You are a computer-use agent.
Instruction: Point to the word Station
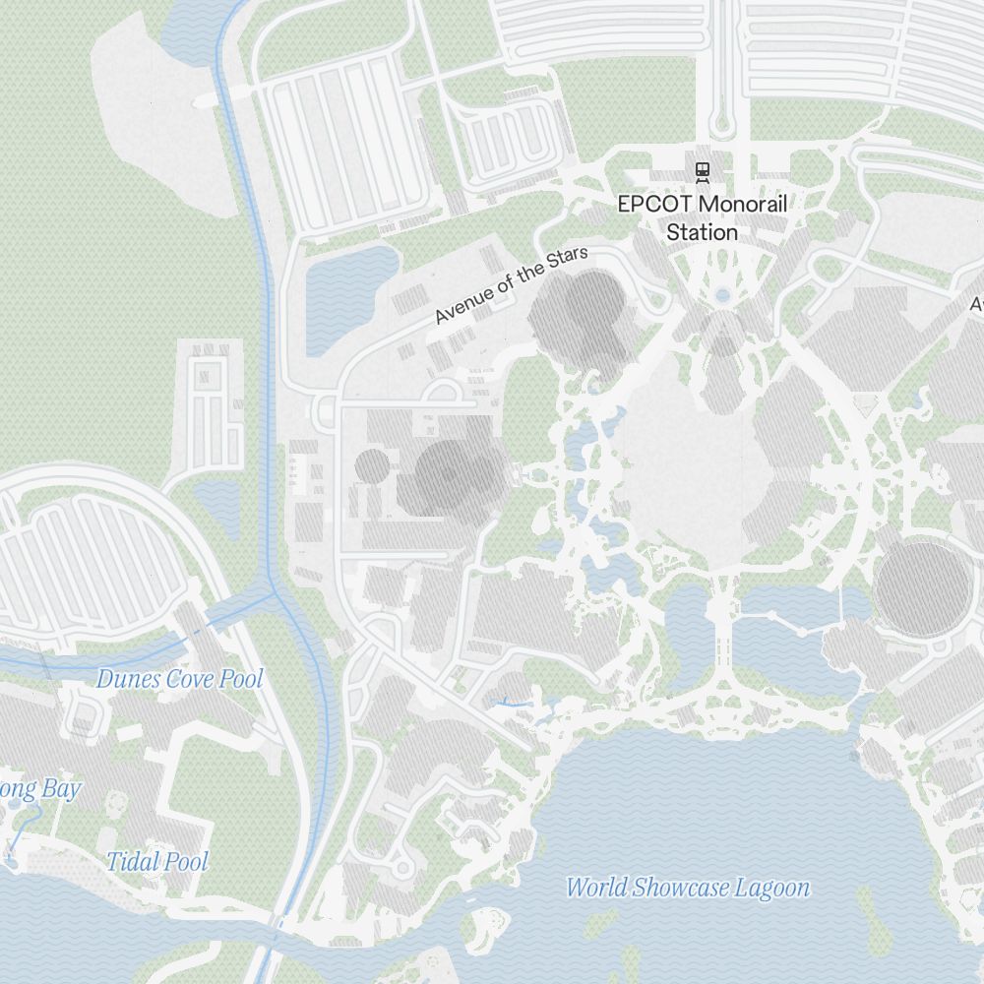pyautogui.click(x=703, y=232)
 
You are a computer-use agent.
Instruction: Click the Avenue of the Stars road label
pyautogui.click(x=511, y=286)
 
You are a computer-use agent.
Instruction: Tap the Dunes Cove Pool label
pyautogui.click(x=180, y=679)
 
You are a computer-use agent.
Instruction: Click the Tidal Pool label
pyautogui.click(x=157, y=862)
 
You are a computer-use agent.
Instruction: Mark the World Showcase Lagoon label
pyautogui.click(x=688, y=888)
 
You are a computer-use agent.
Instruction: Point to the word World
pyautogui.click(x=595, y=888)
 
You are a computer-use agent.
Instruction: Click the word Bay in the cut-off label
pyautogui.click(x=61, y=789)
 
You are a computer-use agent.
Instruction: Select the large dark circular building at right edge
pyautogui.click(x=923, y=587)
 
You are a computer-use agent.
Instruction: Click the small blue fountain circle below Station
pyautogui.click(x=723, y=294)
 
